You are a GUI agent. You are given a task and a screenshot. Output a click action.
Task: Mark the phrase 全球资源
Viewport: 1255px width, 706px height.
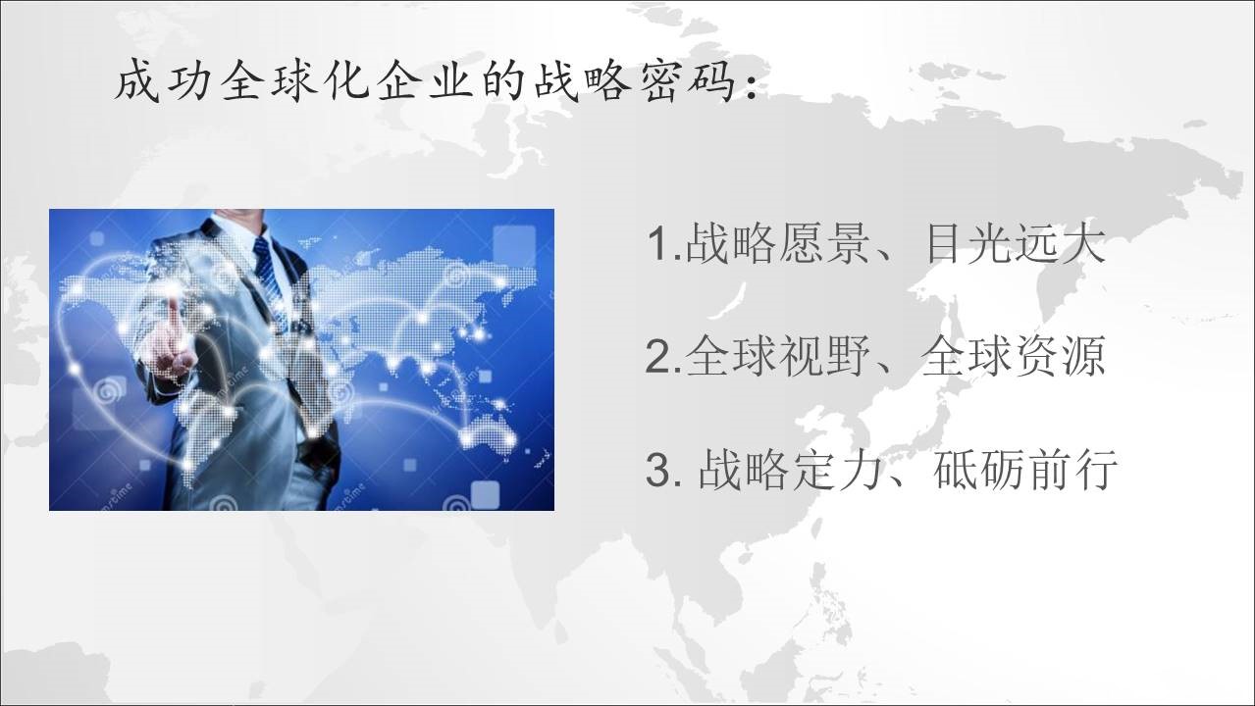click(1013, 356)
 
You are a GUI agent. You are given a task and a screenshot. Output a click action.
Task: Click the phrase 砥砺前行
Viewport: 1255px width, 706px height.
click(1025, 469)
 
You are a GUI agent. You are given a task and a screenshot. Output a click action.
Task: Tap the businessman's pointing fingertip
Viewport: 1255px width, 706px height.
click(175, 301)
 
